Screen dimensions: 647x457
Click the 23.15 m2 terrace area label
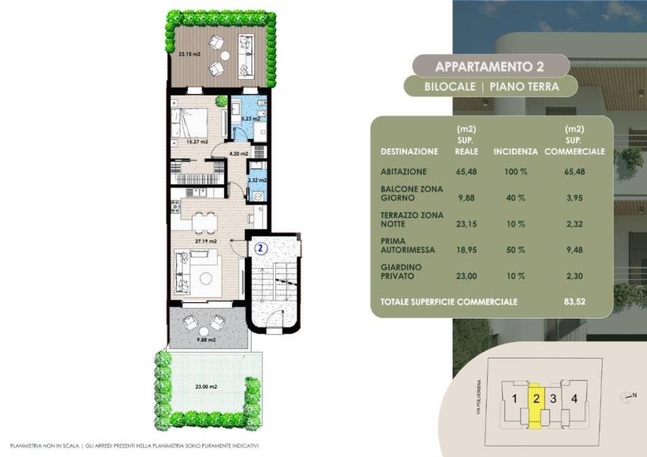[x=190, y=54]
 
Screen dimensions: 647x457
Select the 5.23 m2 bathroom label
[x=250, y=119]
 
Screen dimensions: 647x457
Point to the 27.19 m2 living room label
[x=206, y=241]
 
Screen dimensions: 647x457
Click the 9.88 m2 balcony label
[x=206, y=340]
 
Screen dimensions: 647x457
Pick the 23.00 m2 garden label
[x=206, y=387]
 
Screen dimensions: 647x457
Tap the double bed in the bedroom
[x=190, y=123]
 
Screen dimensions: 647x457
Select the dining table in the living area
[x=204, y=223]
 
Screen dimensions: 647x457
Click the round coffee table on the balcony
[x=204, y=331]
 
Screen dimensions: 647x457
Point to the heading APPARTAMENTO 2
[x=490, y=66]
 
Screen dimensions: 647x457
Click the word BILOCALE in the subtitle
[x=450, y=87]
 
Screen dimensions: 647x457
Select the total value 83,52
[x=574, y=302]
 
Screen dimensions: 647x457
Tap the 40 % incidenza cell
[x=516, y=198]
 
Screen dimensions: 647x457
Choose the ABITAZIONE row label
[x=404, y=172]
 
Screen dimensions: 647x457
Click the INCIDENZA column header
[x=516, y=152]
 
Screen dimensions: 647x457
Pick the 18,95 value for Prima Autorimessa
[x=466, y=250]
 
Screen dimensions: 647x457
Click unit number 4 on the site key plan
[x=574, y=398]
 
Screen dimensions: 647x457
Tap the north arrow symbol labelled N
[x=628, y=397]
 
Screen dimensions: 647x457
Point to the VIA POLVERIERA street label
[x=479, y=397]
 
